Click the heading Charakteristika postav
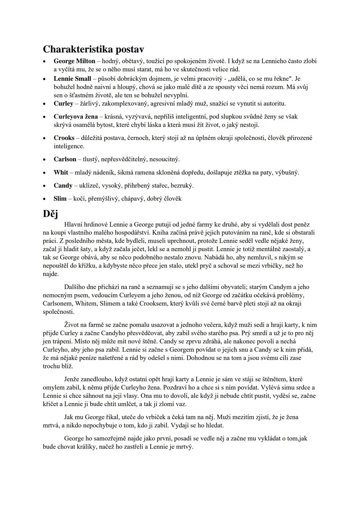93,49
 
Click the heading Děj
50,214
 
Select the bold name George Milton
74,61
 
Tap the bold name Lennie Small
72,79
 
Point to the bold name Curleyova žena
76,117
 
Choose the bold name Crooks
64,138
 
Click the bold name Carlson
65,159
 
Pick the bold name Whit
61,173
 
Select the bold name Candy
63,186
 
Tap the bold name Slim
60,199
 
